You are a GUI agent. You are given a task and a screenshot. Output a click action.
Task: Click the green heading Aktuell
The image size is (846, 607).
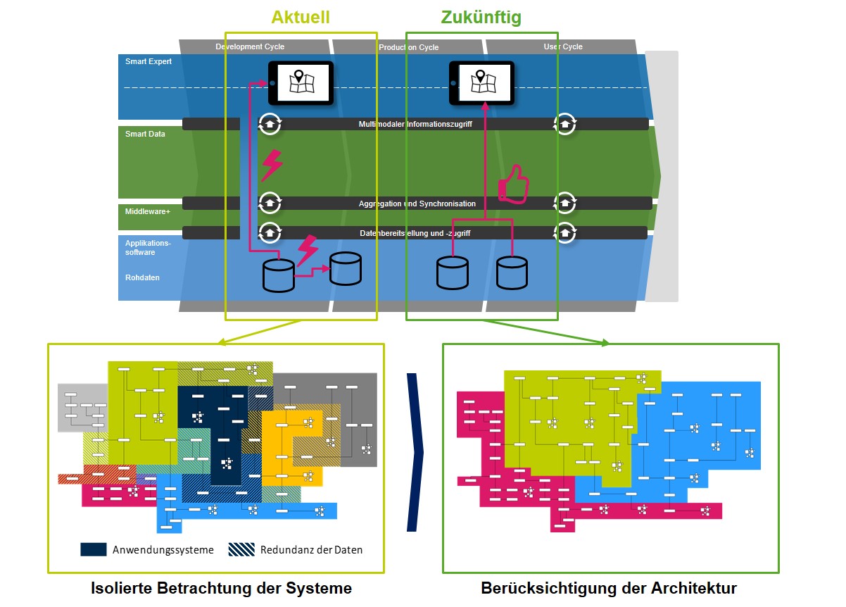tap(301, 17)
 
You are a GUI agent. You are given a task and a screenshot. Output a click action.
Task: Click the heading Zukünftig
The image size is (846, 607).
tap(481, 17)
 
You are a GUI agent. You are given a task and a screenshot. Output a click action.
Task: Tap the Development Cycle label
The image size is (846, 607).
tap(250, 46)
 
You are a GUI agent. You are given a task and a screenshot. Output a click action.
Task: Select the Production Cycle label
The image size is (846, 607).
tap(408, 47)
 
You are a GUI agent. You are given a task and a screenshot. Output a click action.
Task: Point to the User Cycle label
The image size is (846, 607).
tap(563, 46)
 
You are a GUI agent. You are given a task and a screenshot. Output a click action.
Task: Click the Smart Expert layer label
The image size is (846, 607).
tap(149, 62)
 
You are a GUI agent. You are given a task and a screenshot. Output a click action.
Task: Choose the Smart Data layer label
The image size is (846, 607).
tap(145, 134)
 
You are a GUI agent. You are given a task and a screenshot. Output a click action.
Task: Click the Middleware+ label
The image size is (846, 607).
tap(148, 211)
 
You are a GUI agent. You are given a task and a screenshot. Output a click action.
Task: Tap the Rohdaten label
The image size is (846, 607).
tap(142, 277)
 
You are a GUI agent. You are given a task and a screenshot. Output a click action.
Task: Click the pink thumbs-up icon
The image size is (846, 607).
tap(513, 186)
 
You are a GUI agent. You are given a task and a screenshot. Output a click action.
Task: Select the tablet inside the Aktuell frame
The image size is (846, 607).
tap(301, 83)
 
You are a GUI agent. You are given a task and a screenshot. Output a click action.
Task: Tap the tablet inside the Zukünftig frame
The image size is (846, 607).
tap(481, 83)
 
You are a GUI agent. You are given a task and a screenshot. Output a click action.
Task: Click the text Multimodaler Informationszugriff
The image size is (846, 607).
tap(415, 124)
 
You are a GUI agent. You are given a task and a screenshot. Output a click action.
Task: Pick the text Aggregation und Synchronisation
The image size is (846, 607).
tap(417, 204)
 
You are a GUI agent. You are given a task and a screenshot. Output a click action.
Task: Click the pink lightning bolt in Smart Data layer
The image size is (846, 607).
tap(272, 165)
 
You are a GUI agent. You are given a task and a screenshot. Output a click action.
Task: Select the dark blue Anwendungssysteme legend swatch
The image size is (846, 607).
tap(93, 549)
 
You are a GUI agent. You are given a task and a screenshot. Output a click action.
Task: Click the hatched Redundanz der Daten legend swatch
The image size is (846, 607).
tap(241, 549)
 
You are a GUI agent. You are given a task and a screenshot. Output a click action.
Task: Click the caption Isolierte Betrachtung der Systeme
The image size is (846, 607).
tap(221, 588)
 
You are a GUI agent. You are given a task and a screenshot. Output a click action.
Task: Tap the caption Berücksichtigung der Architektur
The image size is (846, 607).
tap(609, 588)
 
